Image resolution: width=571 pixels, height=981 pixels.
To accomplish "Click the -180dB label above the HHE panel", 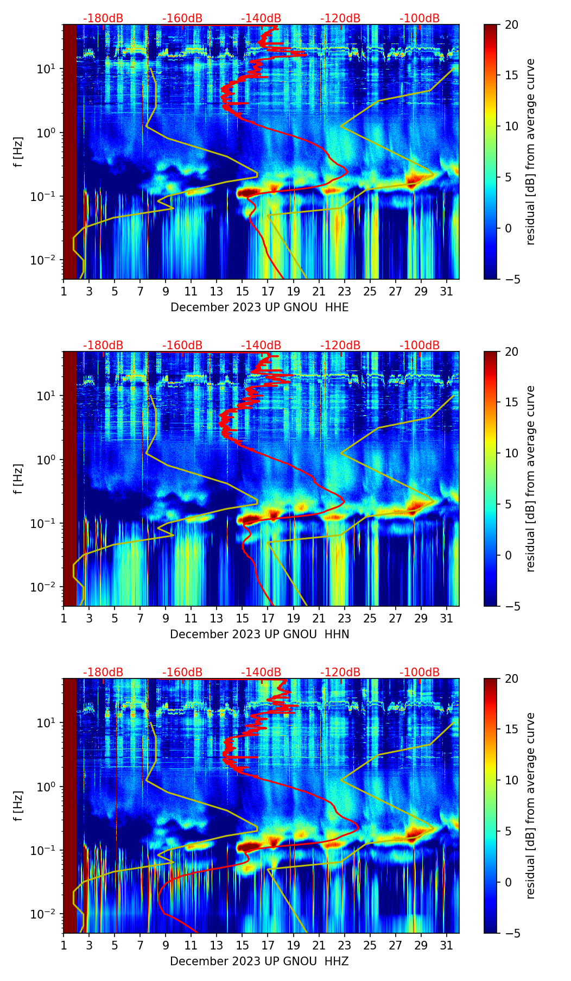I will coord(103,18).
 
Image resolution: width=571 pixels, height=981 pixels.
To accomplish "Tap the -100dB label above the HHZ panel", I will coord(420,672).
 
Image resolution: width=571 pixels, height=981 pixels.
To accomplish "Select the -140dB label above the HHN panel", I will coord(261,345).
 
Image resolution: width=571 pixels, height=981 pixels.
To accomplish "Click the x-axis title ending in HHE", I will coord(259,307).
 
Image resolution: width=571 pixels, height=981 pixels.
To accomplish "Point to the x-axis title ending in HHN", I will coord(259,634).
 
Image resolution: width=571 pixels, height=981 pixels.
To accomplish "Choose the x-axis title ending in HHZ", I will coord(259,961).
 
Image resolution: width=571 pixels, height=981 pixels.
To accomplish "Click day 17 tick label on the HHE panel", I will coord(268,291).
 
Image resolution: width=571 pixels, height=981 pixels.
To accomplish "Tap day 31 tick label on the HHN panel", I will coord(447,618).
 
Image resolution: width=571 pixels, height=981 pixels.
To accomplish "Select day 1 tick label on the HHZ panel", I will coord(64,945).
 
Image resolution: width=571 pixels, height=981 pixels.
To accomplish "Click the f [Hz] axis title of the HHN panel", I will coord(18,479).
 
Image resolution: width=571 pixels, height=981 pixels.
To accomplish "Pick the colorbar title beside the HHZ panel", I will coord(530,806).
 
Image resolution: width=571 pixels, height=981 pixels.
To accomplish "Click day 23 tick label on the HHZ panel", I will coord(345,945).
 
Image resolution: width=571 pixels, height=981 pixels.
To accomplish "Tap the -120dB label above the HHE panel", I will coord(340,18).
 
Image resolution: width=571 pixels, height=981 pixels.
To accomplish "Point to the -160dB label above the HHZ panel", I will coord(182,672).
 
